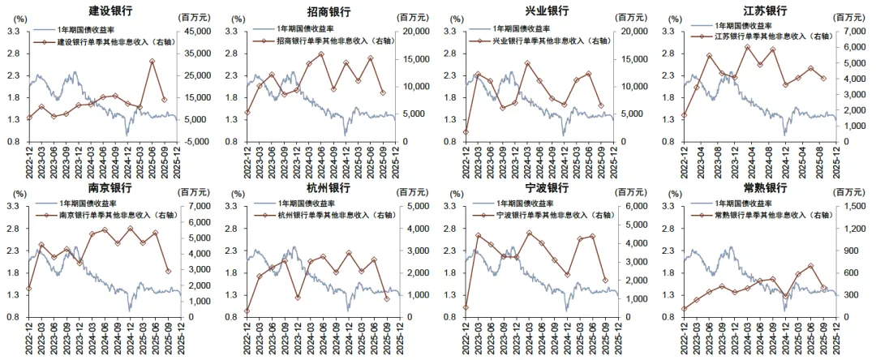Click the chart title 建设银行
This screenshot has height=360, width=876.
(109, 11)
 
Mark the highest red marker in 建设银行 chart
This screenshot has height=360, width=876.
(152, 62)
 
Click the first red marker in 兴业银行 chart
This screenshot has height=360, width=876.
(466, 132)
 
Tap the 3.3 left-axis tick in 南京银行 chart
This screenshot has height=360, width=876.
(14, 207)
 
